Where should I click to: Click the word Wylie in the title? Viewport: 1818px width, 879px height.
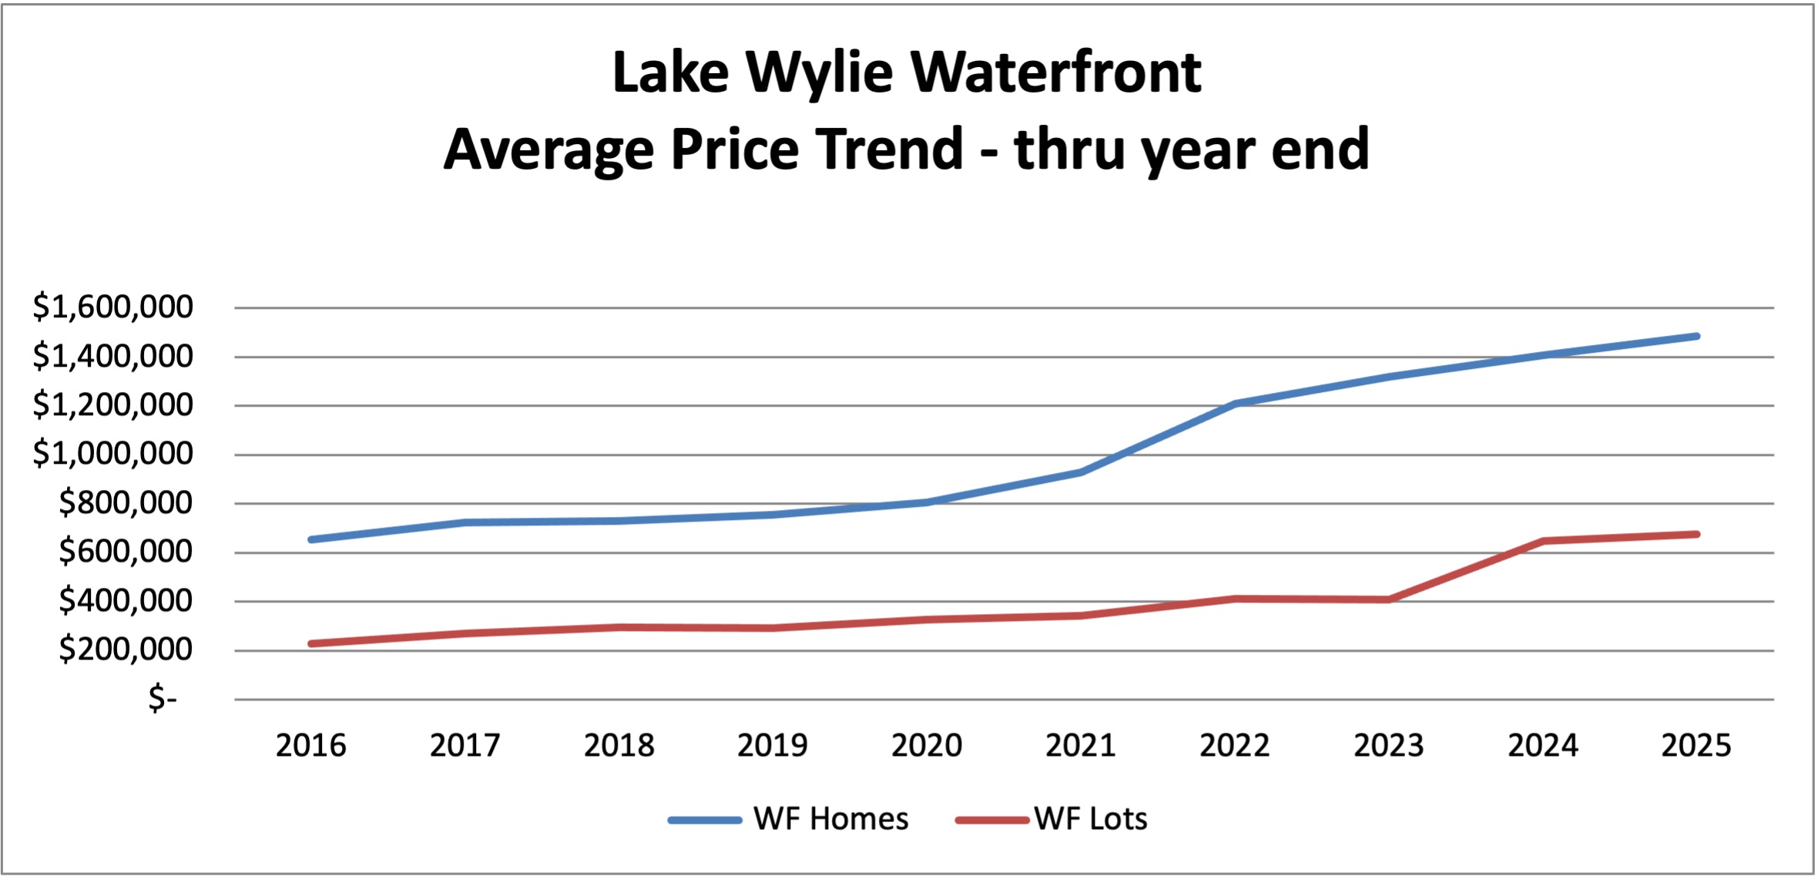(x=820, y=73)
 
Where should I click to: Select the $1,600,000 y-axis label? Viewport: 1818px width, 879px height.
(x=112, y=307)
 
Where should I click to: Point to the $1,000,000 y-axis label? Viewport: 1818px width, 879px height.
(x=112, y=453)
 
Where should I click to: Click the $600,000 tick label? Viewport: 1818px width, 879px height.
(x=126, y=552)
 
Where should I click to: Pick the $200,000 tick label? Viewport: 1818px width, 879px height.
(x=126, y=649)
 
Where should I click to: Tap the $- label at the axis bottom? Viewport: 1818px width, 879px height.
(x=163, y=698)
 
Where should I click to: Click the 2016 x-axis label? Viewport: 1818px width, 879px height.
(x=310, y=746)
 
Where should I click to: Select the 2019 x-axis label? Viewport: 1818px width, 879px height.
(x=773, y=746)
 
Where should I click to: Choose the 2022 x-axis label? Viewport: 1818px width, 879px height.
(x=1234, y=746)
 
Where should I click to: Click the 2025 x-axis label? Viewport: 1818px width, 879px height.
(x=1696, y=746)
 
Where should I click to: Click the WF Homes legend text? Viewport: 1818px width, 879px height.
(x=830, y=819)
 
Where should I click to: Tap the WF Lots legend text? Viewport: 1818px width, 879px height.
(x=1090, y=819)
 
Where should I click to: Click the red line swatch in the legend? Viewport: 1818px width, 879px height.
(x=992, y=820)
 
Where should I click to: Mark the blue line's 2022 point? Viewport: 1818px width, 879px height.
(x=1235, y=403)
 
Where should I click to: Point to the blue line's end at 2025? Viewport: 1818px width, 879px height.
(x=1696, y=336)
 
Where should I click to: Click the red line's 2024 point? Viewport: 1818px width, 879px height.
(x=1543, y=541)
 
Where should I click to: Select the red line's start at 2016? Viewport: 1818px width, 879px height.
(x=310, y=643)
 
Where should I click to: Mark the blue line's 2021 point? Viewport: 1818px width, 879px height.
(x=1081, y=472)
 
